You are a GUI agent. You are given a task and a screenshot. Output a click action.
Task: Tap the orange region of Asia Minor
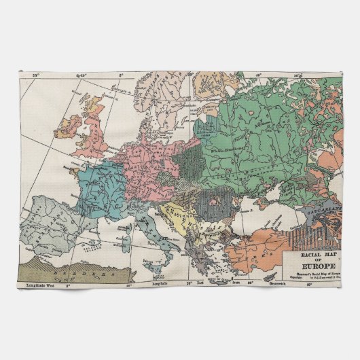[x=255, y=251]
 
